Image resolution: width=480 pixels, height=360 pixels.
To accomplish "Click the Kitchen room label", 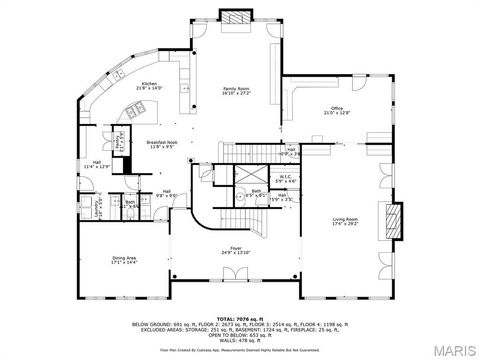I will (149, 83).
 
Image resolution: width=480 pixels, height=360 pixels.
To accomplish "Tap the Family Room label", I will (236, 89).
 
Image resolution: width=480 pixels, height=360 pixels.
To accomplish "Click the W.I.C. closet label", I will (285, 176).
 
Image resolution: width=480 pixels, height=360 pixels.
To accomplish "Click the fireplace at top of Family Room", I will (236, 17).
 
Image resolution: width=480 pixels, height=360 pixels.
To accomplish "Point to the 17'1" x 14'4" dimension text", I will (124, 264).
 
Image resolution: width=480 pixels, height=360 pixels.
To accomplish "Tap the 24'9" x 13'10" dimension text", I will (236, 254).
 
